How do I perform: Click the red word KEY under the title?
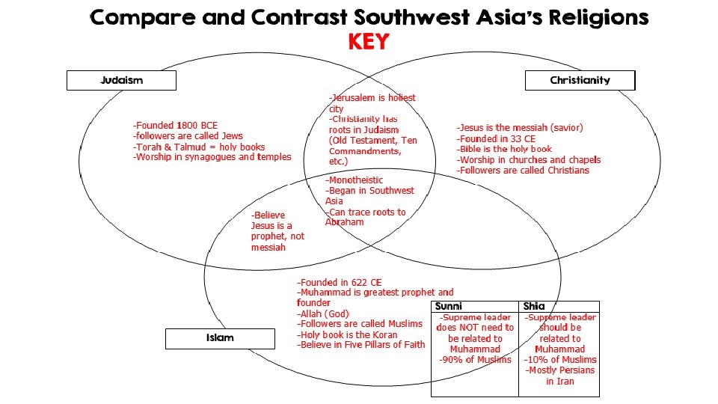tap(369, 42)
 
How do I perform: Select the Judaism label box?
tap(121, 80)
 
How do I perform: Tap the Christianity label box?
tap(580, 80)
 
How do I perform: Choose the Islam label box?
tap(220, 338)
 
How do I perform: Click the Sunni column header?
tap(449, 306)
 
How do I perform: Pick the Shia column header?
tap(534, 306)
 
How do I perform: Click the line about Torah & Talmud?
tap(199, 147)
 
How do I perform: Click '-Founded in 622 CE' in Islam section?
tap(340, 282)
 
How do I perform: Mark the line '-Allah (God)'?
tap(323, 313)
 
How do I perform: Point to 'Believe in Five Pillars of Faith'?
tap(361, 345)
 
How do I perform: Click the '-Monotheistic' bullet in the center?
tap(354, 180)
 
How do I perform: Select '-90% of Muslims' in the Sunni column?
tap(475, 360)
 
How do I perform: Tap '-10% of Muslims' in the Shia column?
tap(560, 360)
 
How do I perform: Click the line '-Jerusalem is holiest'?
tap(372, 98)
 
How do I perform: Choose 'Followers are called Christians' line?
tap(523, 171)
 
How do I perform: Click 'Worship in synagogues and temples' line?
tap(212, 157)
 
